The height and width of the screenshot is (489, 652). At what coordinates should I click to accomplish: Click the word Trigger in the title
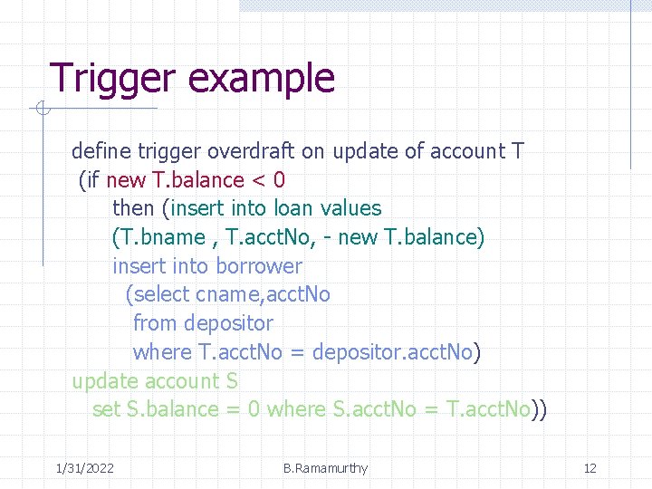click(x=111, y=79)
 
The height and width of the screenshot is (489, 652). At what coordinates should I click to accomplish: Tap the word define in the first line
click(x=101, y=151)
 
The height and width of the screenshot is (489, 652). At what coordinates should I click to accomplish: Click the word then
click(x=133, y=208)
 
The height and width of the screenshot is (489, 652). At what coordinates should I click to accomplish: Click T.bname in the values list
click(x=159, y=237)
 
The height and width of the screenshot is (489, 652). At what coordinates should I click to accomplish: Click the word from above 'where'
click(x=155, y=323)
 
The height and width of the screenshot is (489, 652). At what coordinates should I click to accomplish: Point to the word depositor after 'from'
click(x=228, y=323)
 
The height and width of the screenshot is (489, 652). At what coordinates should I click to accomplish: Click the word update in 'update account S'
click(x=102, y=381)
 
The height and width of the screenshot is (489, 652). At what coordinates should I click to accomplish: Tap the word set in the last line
click(x=106, y=409)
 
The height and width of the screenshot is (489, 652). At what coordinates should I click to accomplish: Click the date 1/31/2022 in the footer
click(x=84, y=468)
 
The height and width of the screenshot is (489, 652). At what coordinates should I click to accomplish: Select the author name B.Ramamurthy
click(x=325, y=468)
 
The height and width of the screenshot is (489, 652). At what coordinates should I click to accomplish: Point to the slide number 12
click(x=590, y=468)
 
